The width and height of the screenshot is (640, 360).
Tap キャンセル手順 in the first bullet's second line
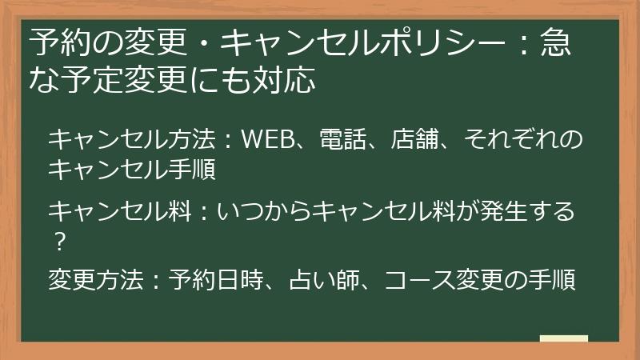click(x=131, y=169)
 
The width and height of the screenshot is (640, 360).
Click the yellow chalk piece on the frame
click(x=563, y=339)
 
